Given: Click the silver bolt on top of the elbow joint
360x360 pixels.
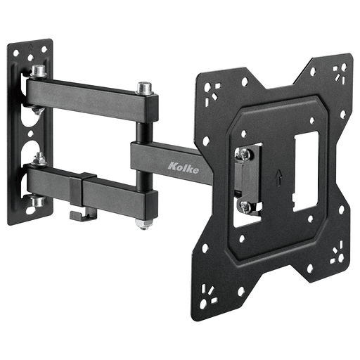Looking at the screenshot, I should tap(146, 89).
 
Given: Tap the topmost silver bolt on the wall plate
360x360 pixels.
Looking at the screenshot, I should tap(38, 71).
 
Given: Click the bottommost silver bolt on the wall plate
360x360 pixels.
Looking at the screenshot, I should tap(37, 201).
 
